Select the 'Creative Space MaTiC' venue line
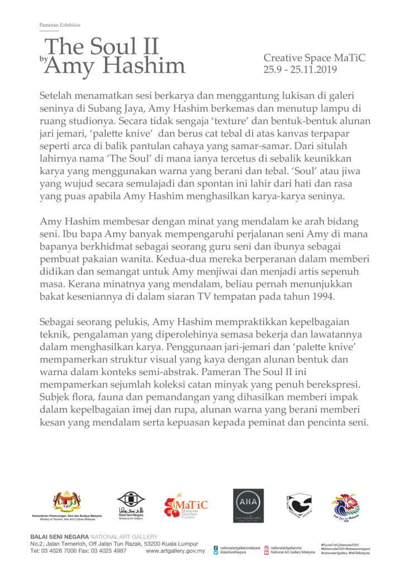pyautogui.click(x=315, y=58)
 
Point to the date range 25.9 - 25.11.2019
pyautogui.click(x=301, y=70)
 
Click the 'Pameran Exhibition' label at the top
pyautogui.click(x=60, y=25)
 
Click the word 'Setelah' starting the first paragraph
pyautogui.click(x=57, y=96)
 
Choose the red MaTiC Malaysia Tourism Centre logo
pyautogui.click(x=185, y=505)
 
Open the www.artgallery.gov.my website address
pyautogui.click(x=175, y=551)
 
